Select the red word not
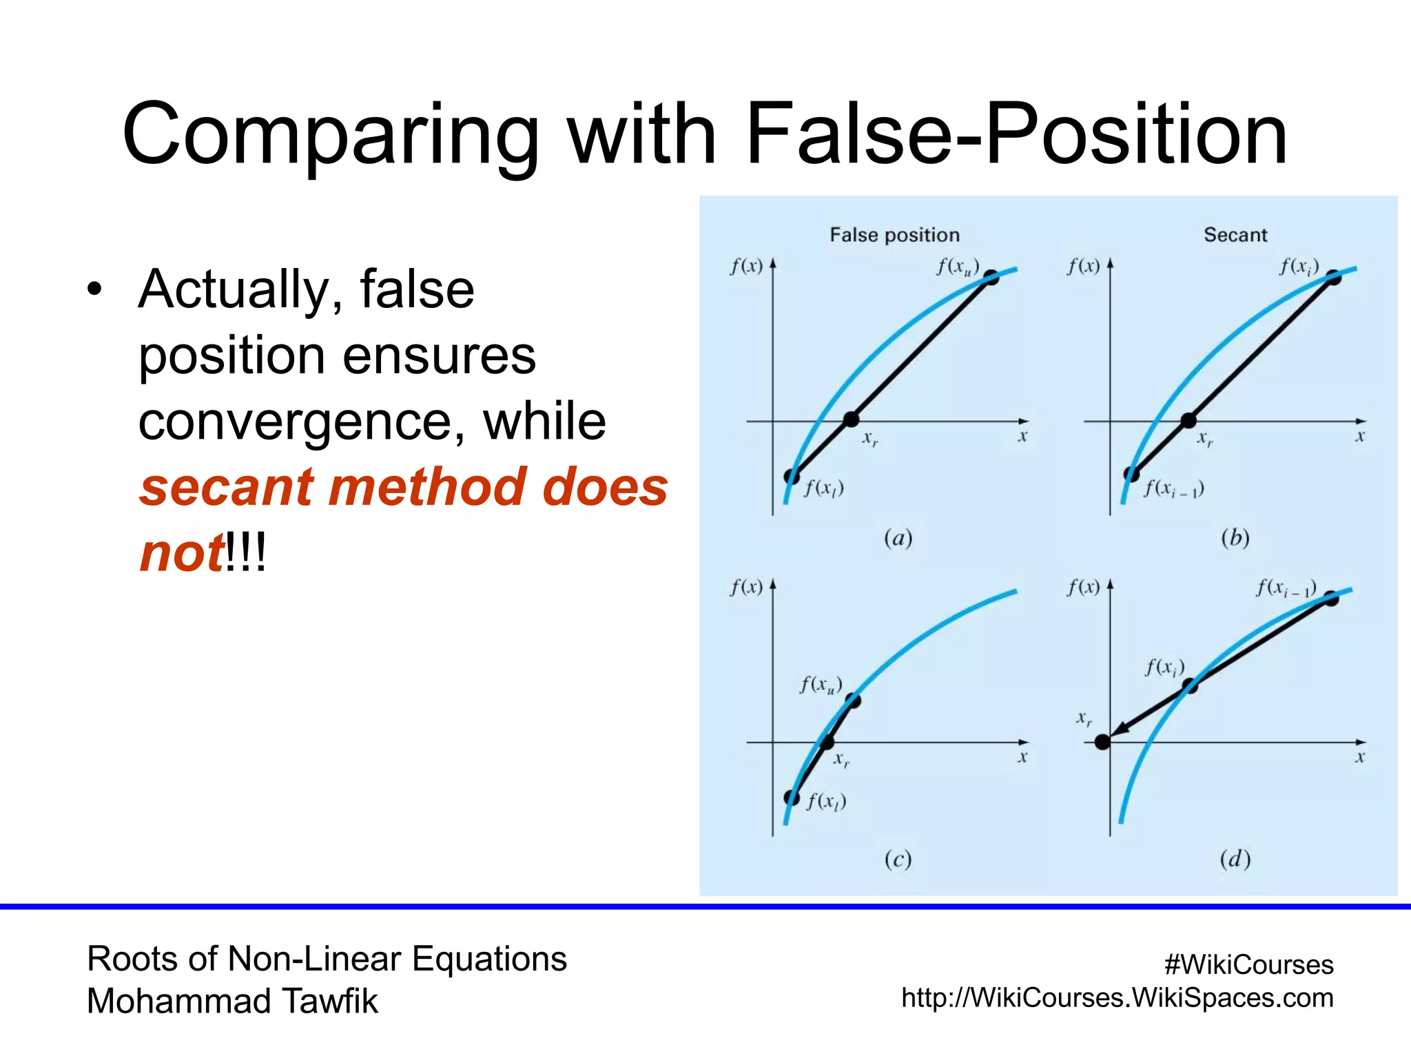pos(181,553)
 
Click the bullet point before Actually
pos(94,290)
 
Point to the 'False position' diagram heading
pos(894,235)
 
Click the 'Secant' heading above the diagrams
pos(1235,235)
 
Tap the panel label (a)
pos(898,538)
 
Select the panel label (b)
pos(1235,538)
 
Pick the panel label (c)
pos(898,859)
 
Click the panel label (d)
pos(1235,859)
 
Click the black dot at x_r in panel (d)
pos(1102,742)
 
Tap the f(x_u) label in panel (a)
pos(958,267)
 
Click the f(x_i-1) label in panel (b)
pos(1174,489)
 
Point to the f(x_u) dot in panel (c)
pos(853,701)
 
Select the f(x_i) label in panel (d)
pos(1165,667)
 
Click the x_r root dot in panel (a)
pos(851,419)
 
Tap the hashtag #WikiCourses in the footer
pos(1248,964)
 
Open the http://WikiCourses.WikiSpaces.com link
pos(1117,997)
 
